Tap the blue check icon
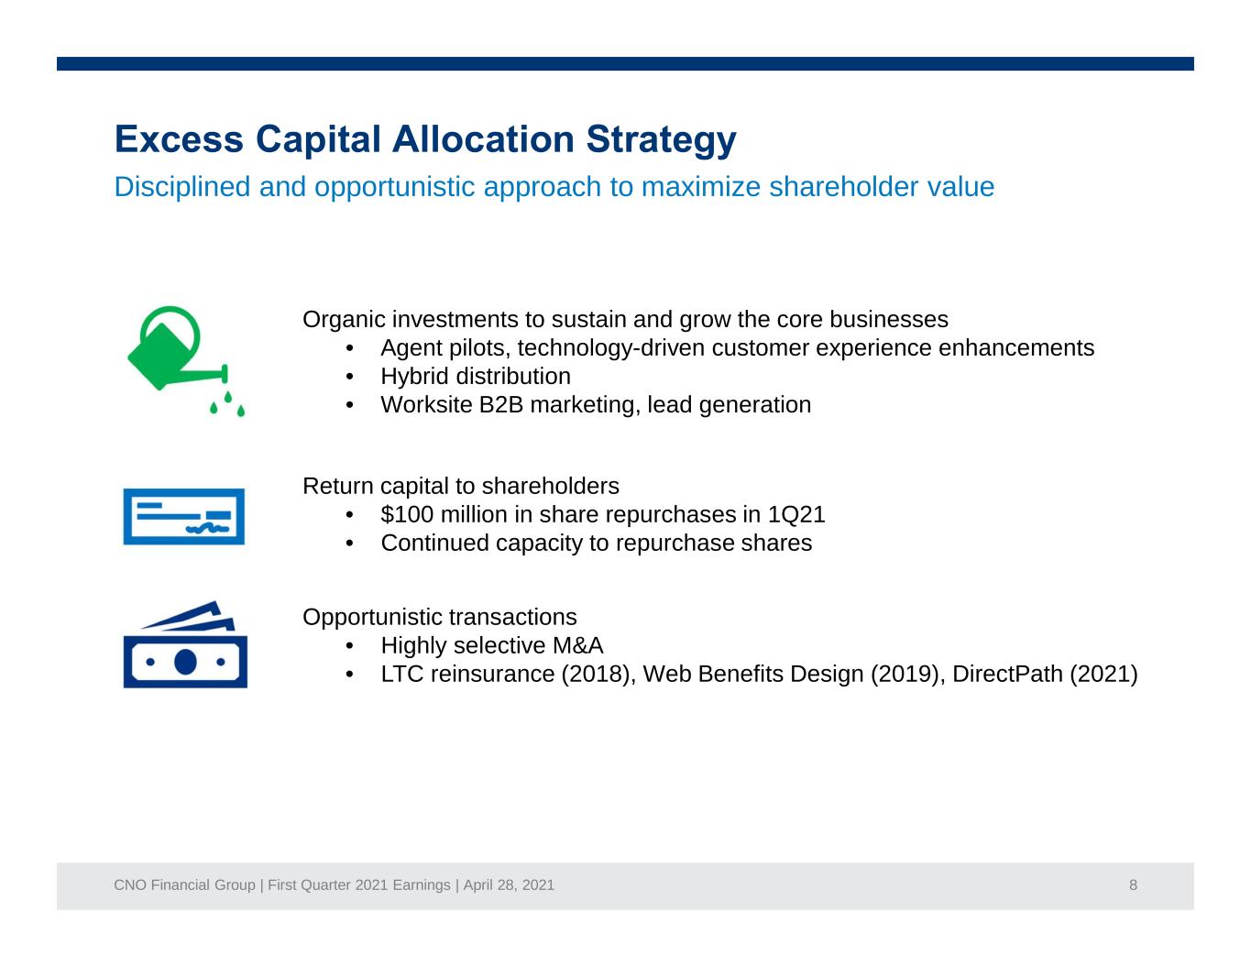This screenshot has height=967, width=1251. pyautogui.click(x=183, y=516)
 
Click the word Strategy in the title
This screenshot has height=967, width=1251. pyautogui.click(x=661, y=140)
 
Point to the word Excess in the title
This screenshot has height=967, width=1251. pyautogui.click(x=179, y=139)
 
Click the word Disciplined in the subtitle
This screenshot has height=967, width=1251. pyautogui.click(x=181, y=186)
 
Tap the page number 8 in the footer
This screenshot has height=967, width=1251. pyautogui.click(x=1133, y=885)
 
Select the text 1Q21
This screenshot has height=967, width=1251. pyautogui.click(x=796, y=514)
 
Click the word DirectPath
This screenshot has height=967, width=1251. pyautogui.click(x=1007, y=674)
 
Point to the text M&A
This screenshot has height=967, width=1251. pyautogui.click(x=577, y=645)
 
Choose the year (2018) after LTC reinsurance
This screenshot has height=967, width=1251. pyautogui.click(x=598, y=674)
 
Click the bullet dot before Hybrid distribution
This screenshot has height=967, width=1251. pyautogui.click(x=349, y=377)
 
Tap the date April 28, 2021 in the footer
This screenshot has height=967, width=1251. pyautogui.click(x=509, y=885)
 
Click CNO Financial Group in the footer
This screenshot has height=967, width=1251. pyautogui.click(x=184, y=885)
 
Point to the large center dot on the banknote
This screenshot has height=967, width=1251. pyautogui.click(x=185, y=662)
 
